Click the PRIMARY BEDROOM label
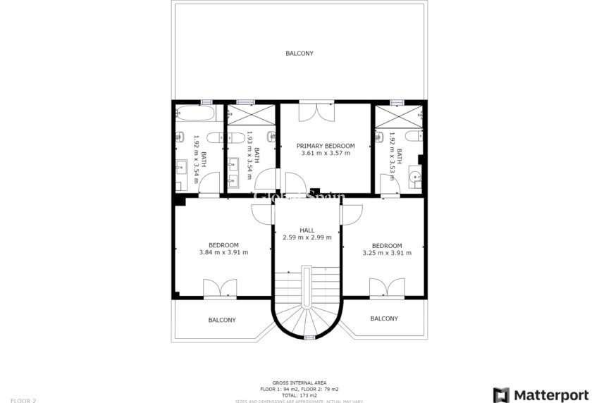(325, 146)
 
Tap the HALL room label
(307, 230)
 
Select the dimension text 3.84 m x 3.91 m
(223, 252)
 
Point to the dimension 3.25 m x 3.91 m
(387, 253)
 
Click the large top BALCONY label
(299, 54)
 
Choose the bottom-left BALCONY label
(222, 320)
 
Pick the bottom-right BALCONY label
(384, 318)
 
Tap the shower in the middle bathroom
(252, 113)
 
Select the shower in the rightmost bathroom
(397, 114)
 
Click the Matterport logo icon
(501, 395)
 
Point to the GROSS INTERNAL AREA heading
(299, 383)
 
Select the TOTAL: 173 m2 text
(299, 395)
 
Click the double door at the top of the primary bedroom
(314, 111)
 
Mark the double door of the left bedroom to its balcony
(220, 289)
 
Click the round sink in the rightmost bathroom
(416, 176)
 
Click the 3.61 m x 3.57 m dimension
(325, 154)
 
